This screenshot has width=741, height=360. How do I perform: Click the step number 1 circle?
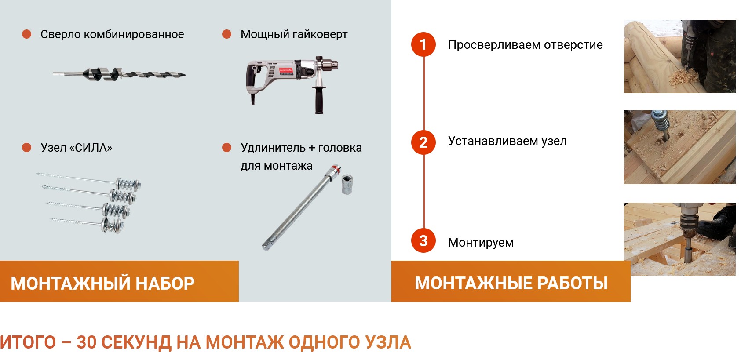point(423,44)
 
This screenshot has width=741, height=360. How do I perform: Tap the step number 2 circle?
point(423,142)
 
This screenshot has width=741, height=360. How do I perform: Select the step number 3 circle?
point(423,241)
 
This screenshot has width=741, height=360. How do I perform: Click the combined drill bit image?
point(119,74)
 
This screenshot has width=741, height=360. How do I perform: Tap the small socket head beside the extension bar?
point(347,184)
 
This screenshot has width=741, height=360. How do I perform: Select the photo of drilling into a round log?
point(679,56)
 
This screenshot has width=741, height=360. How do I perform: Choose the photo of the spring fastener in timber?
point(679,147)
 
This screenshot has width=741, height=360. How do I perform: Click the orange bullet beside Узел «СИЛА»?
point(26,147)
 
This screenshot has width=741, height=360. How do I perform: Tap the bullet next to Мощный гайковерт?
point(226,34)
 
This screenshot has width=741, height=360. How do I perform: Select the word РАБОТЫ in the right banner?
point(572,283)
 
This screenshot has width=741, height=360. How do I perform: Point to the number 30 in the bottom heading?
point(86,342)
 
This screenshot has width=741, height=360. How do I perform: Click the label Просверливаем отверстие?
point(526,45)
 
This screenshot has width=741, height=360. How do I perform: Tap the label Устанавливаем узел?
point(507,141)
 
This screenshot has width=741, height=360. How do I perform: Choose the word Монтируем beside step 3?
point(481,243)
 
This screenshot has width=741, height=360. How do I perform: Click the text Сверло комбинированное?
point(112,34)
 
